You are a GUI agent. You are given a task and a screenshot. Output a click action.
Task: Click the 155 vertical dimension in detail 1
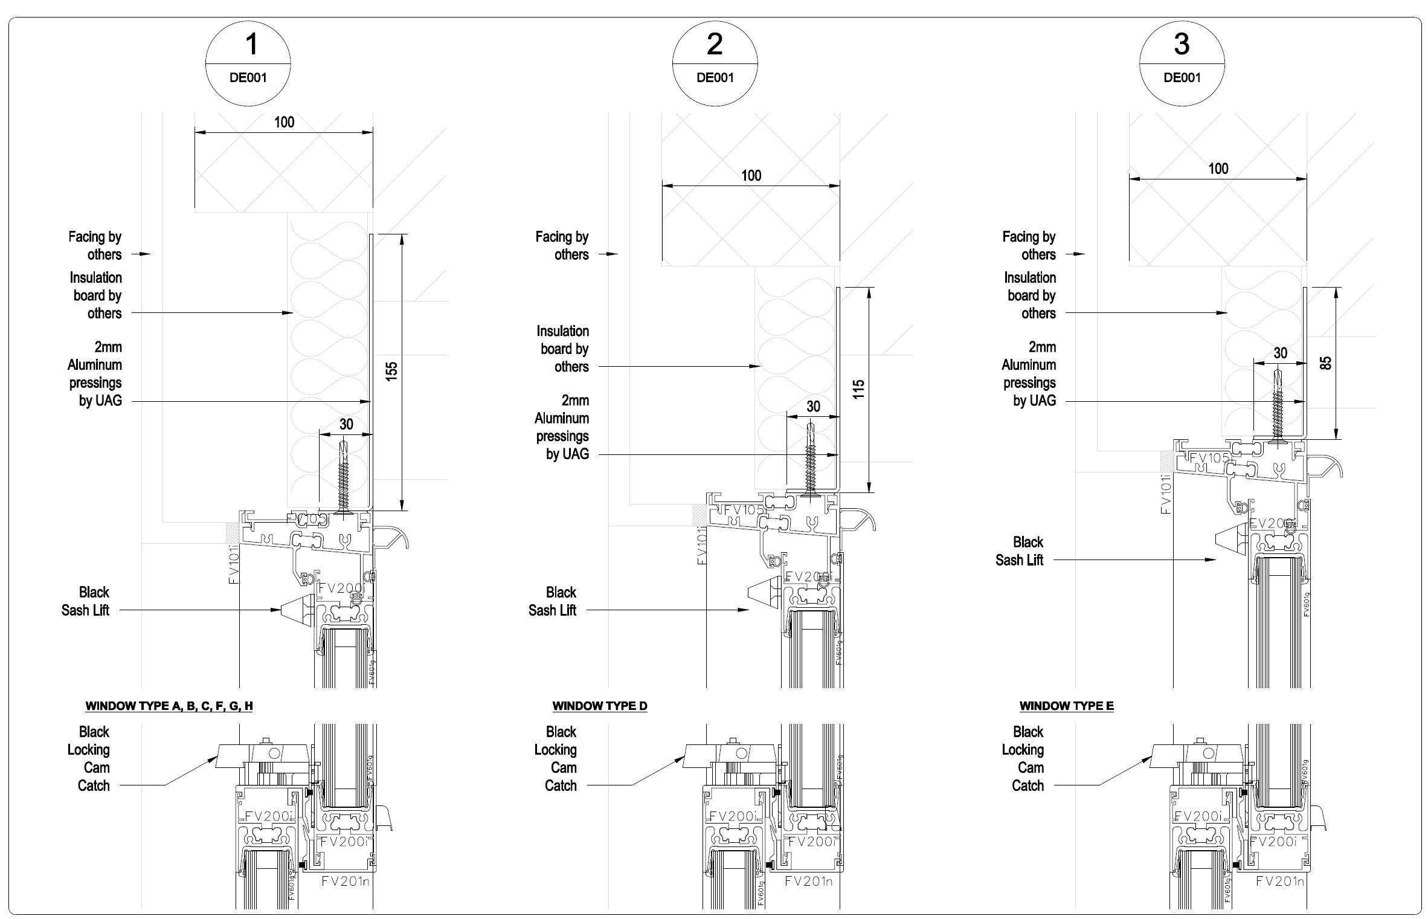(391, 370)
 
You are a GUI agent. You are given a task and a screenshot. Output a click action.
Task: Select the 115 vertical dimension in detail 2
(858, 389)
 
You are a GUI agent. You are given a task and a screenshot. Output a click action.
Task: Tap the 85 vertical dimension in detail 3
(1325, 363)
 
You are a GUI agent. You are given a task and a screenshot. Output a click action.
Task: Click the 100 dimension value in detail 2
(751, 176)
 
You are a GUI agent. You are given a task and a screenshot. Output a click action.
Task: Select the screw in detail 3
(1278, 405)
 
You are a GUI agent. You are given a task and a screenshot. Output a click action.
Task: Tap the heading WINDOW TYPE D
(599, 706)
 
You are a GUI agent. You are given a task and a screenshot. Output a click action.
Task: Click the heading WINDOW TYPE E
(1066, 706)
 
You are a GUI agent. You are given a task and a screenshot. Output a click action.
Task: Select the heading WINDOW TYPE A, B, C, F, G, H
(169, 706)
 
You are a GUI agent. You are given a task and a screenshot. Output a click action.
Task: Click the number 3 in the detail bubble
(1182, 44)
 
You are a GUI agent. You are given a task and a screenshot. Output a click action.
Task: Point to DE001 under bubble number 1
(248, 77)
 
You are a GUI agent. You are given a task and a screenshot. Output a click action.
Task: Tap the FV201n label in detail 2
(808, 882)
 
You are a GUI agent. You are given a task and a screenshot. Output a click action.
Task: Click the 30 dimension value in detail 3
(1280, 353)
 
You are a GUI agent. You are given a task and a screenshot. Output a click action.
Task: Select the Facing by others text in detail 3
(1029, 245)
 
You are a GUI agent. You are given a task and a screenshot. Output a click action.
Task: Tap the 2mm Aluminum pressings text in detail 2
(562, 427)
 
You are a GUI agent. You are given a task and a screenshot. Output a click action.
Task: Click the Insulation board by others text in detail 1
(96, 295)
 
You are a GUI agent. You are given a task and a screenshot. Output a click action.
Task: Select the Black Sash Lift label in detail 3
(1020, 551)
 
